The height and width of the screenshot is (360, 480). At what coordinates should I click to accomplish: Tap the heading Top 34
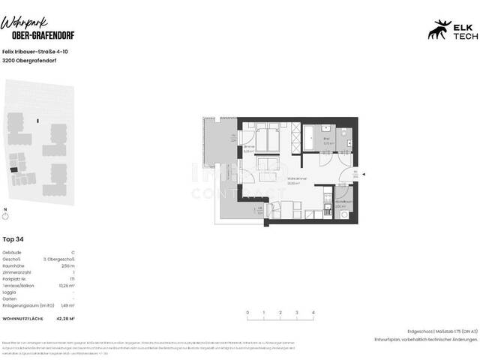(x=14, y=239)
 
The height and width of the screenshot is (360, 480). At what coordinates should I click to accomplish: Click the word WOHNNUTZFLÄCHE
(x=23, y=319)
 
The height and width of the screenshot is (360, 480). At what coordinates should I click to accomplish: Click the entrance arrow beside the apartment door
(x=363, y=175)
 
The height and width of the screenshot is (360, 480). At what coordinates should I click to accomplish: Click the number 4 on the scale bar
(x=313, y=311)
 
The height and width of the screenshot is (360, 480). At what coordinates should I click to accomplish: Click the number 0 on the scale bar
(x=247, y=311)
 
